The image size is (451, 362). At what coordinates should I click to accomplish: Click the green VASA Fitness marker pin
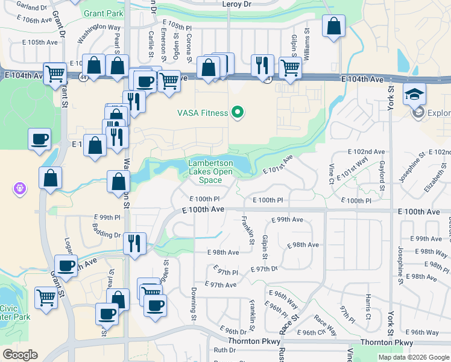point(238,112)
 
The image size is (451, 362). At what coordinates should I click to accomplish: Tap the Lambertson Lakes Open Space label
point(210,171)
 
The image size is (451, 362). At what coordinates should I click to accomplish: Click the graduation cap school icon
point(415,94)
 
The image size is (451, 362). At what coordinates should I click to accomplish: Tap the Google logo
point(20,355)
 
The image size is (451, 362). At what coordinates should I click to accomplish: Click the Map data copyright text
point(414,357)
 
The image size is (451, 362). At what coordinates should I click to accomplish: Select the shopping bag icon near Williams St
point(333,27)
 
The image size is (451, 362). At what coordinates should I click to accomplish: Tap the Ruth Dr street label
point(224,350)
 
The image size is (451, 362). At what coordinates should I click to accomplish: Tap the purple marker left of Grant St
point(20,189)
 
